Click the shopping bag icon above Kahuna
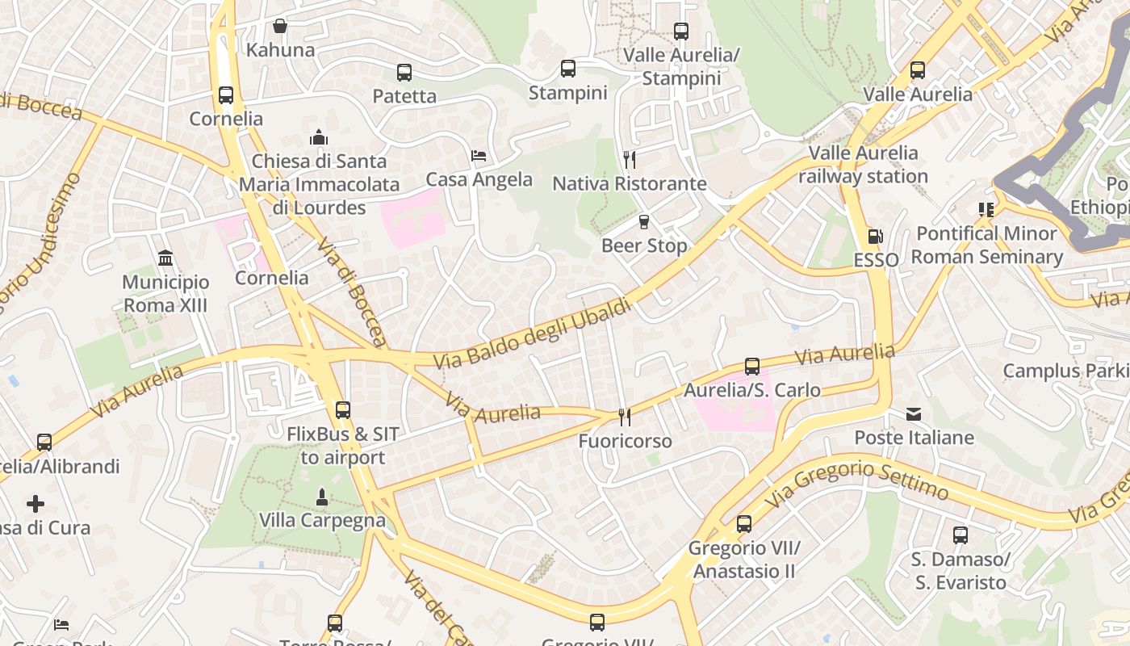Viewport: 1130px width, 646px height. [280, 26]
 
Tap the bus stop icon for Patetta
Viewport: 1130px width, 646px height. [404, 73]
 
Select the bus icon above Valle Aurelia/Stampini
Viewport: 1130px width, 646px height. [681, 31]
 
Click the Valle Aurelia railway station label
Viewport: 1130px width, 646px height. [863, 165]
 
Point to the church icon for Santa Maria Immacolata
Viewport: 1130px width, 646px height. [319, 137]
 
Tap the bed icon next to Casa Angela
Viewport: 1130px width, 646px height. [479, 156]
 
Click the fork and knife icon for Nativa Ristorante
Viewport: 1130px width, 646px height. [630, 160]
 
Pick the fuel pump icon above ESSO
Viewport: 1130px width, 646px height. [876, 237]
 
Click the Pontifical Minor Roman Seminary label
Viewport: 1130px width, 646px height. [986, 245]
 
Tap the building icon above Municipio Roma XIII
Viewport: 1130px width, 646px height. [165, 258]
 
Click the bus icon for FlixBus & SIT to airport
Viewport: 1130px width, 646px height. [343, 410]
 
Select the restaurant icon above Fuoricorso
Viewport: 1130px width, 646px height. [625, 417]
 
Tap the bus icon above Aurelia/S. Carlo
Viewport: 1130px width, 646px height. [752, 367]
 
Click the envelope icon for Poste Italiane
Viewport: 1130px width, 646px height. [914, 414]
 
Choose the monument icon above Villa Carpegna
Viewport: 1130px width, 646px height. [322, 497]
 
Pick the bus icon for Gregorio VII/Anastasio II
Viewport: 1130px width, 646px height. [744, 524]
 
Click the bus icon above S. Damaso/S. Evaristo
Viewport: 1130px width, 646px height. [960, 535]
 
